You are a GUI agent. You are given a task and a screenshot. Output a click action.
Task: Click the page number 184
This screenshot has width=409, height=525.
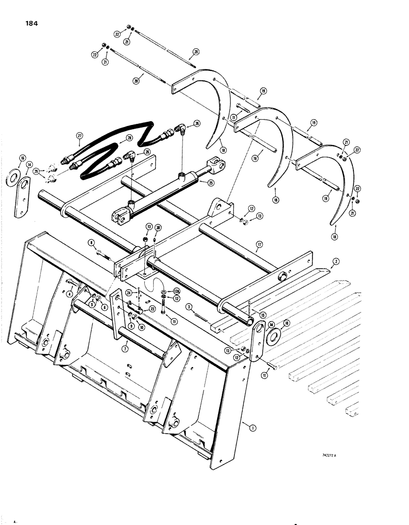(x=30, y=24)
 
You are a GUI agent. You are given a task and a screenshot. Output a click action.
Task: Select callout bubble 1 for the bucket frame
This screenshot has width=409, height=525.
(x=253, y=428)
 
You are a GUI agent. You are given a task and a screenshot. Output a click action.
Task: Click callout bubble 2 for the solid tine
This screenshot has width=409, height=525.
(x=335, y=261)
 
